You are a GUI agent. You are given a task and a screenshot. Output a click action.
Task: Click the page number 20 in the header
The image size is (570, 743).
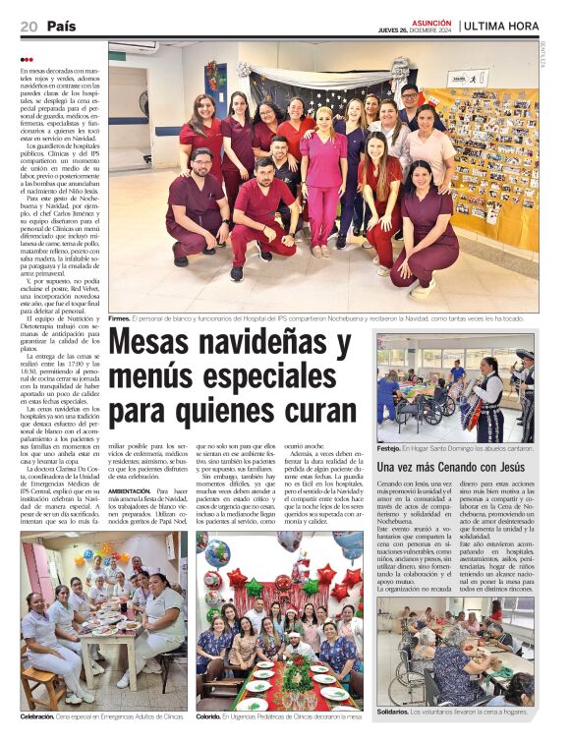click(x=28, y=26)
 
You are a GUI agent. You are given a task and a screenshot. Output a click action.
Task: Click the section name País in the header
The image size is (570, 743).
click(x=62, y=26)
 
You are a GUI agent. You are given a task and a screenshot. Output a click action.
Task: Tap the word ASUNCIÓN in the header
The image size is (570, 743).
click(x=431, y=21)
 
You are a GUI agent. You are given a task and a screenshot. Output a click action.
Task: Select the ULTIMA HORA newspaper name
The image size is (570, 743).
click(x=511, y=26)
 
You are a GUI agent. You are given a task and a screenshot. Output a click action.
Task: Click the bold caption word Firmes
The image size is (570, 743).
click(x=119, y=318)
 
